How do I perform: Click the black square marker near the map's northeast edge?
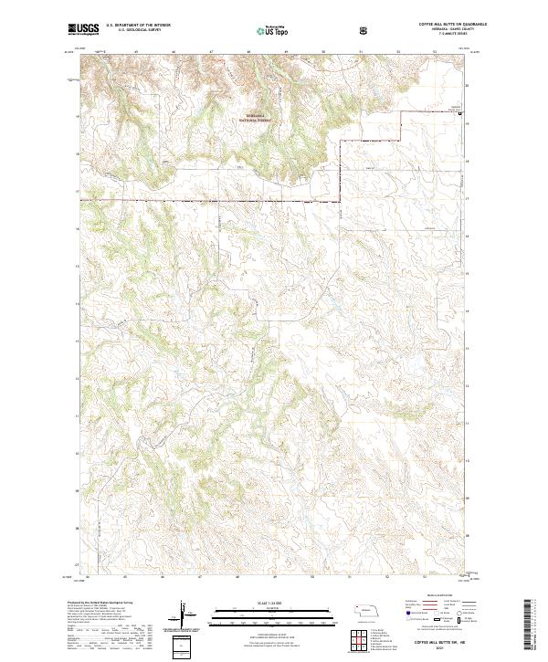click(x=459, y=114)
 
